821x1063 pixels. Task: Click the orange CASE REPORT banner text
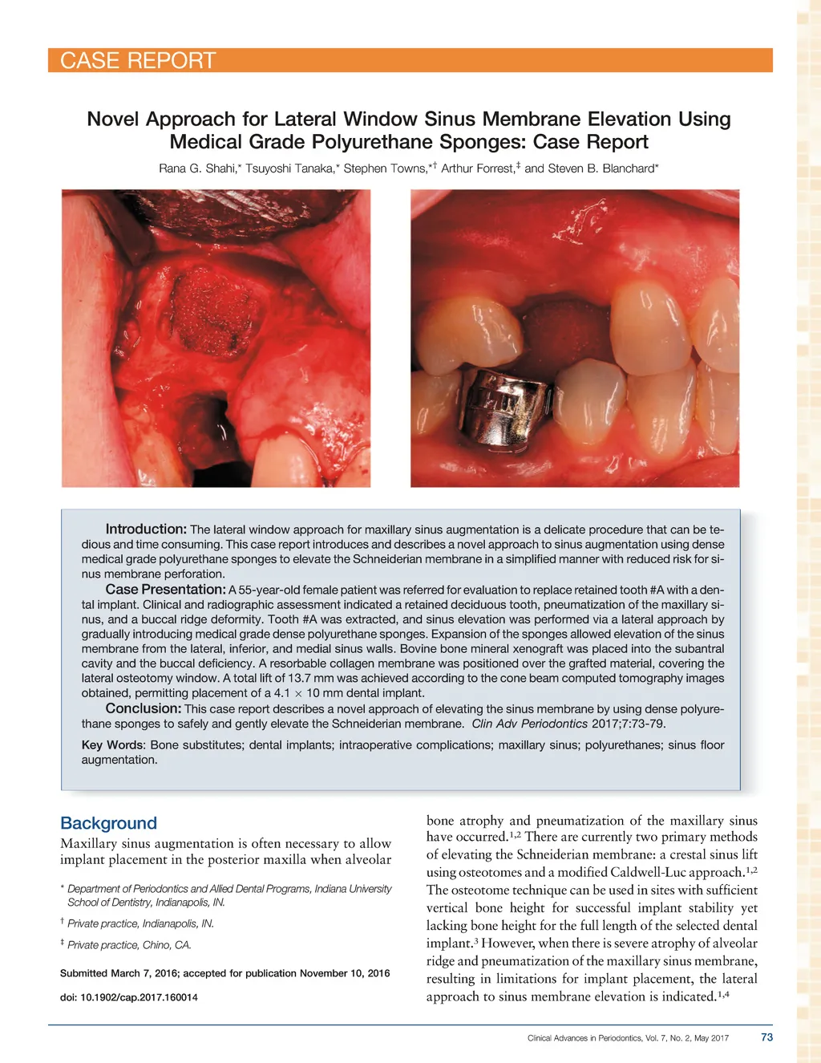pos(138,61)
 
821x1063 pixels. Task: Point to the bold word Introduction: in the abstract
pos(146,529)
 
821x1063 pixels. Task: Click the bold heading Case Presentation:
pos(165,590)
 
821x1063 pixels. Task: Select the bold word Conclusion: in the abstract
pos(144,708)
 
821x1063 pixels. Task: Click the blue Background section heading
pos(108,823)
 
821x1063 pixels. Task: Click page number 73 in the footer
pos(766,1037)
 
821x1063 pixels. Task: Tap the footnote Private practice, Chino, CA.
pos(129,945)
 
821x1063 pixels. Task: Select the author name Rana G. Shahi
pos(196,168)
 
